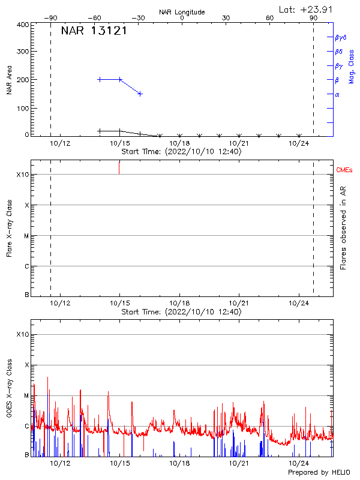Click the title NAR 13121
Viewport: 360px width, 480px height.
pos(94,31)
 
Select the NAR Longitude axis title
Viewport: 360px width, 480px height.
pos(182,12)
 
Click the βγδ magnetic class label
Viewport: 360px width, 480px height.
pos(341,37)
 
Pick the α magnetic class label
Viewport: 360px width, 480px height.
pos(337,94)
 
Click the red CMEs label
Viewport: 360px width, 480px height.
pos(344,171)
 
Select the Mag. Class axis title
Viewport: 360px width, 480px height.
pos(351,67)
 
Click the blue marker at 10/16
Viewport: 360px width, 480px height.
pos(140,94)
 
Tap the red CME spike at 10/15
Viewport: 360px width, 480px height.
pos(119,167)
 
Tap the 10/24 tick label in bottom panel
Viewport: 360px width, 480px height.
pos(299,463)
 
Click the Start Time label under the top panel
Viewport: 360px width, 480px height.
pos(181,152)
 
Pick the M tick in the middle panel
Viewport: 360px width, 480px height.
pos(26,236)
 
